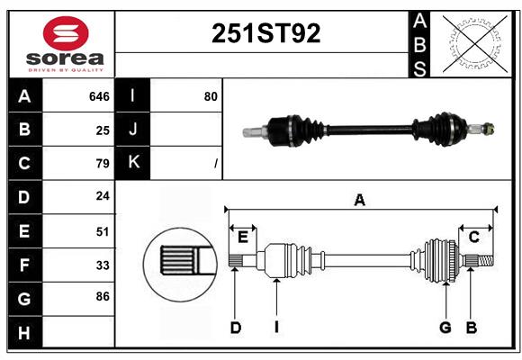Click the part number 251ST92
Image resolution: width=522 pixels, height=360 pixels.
(266, 33)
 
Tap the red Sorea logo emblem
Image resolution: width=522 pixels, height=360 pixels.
(66, 33)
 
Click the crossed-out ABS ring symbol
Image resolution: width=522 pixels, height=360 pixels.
(475, 44)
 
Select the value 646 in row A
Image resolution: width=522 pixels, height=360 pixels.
(99, 96)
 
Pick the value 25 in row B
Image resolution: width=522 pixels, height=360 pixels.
(103, 130)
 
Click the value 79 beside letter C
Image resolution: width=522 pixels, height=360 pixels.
(103, 164)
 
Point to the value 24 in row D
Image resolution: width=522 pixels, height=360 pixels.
(103, 196)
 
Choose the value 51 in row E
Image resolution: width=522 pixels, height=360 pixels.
(103, 231)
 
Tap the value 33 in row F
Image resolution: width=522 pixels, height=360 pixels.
(103, 265)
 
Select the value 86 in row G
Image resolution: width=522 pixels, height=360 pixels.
(103, 296)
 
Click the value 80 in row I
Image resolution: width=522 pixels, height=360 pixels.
(211, 96)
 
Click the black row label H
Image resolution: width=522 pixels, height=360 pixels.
(25, 333)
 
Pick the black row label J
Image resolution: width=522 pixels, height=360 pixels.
(132, 130)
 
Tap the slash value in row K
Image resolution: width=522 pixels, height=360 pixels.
(216, 163)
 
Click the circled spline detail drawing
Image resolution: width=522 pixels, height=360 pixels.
(180, 265)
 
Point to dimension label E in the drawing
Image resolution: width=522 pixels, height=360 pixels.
(243, 238)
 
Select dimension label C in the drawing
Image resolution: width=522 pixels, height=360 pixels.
(473, 238)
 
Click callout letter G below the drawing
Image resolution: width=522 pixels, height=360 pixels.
(445, 328)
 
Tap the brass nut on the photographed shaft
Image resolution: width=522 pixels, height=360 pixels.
(489, 129)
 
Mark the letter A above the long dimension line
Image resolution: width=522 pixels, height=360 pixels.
(359, 201)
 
